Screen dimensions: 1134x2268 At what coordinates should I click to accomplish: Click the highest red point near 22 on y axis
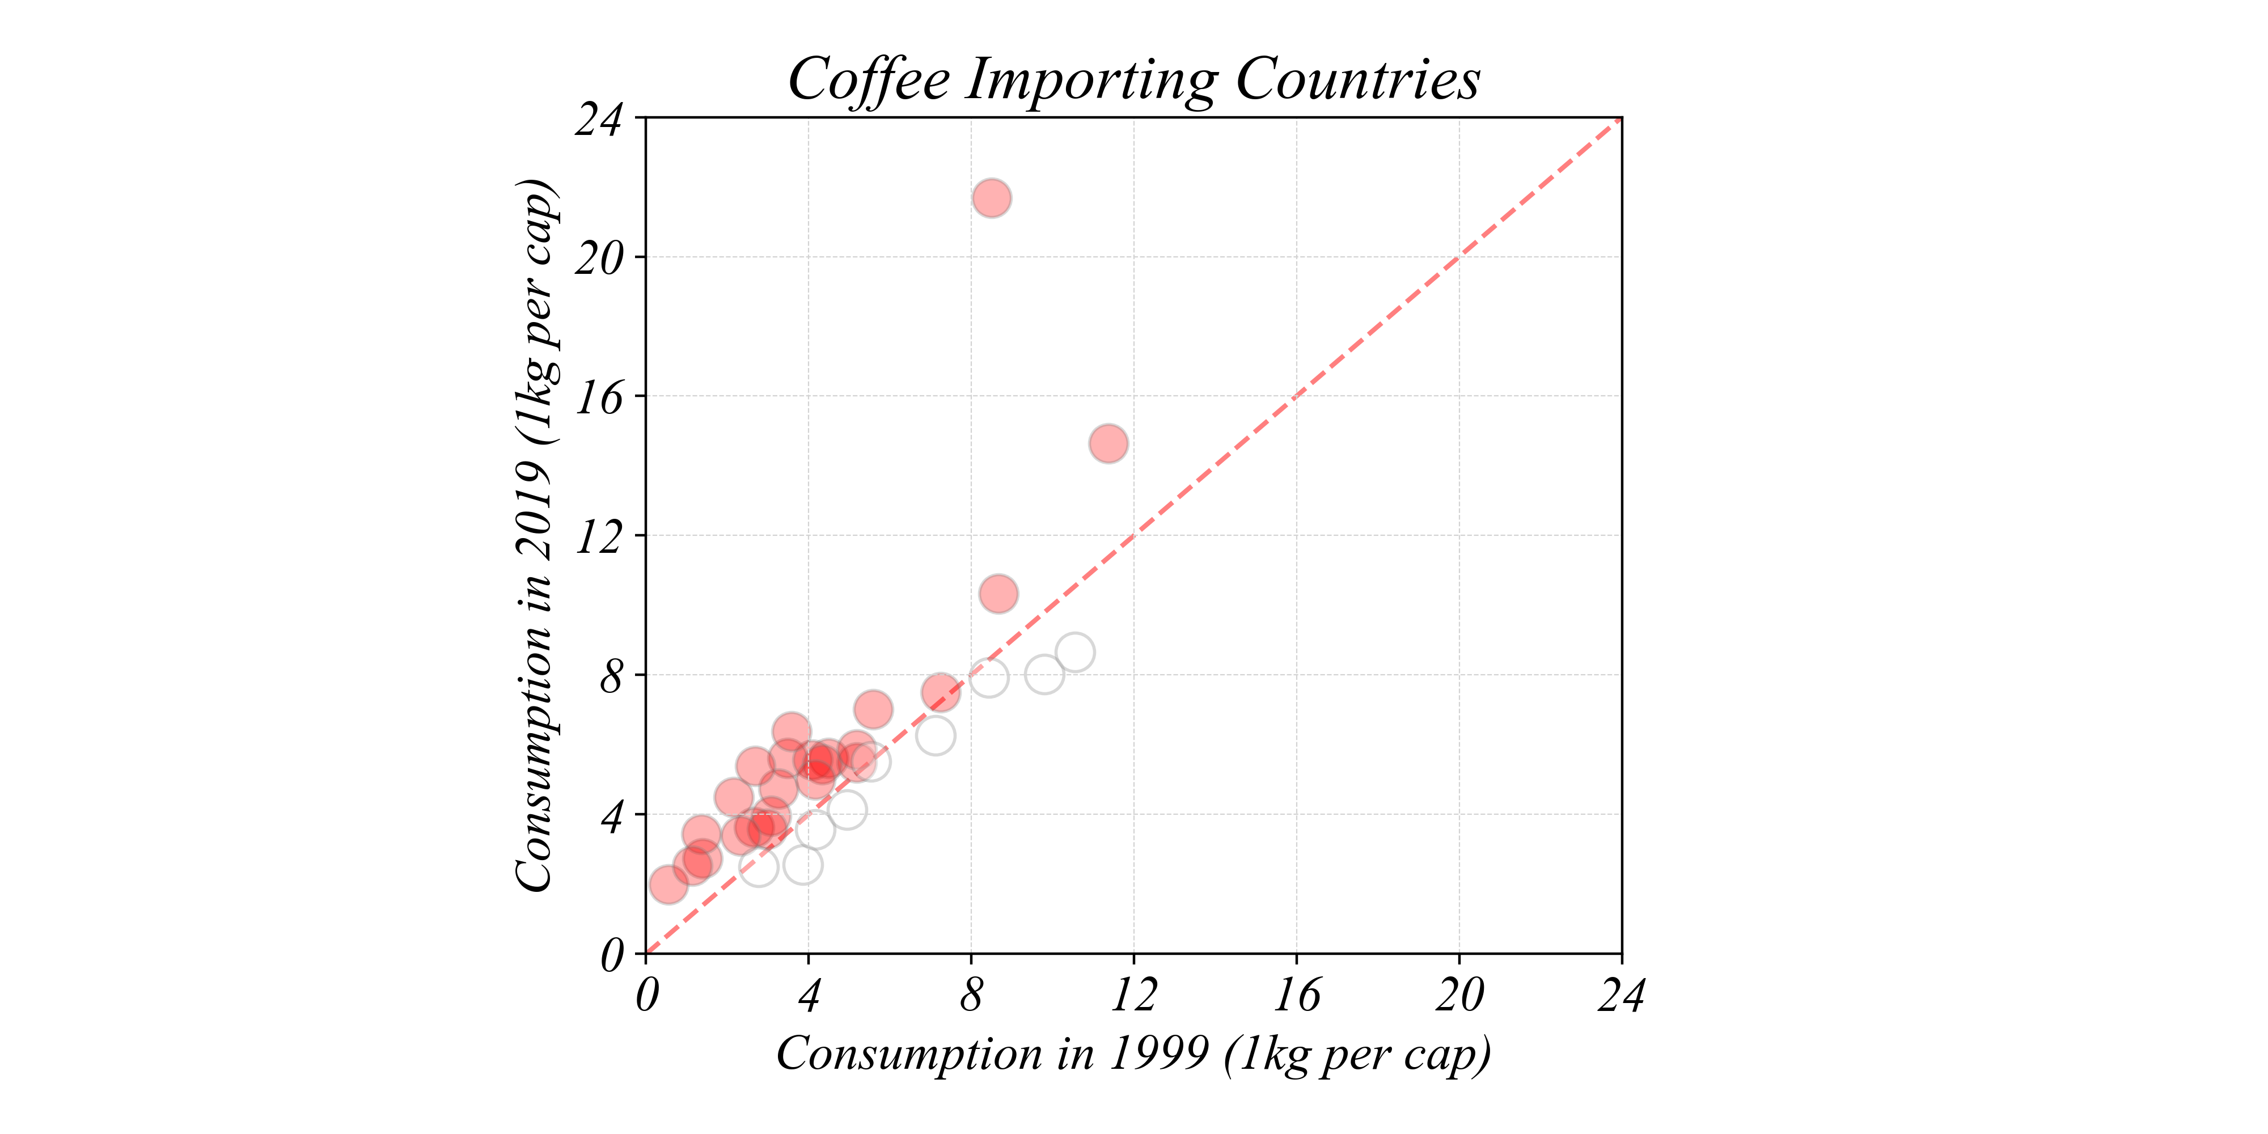coord(991,198)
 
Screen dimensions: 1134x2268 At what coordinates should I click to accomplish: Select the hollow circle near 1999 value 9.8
coord(1044,674)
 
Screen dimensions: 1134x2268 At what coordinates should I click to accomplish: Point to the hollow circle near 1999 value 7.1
coord(935,736)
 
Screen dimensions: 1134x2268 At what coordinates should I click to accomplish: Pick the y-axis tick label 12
coord(599,537)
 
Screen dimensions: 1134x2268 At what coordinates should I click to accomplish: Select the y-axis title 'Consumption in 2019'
coord(535,535)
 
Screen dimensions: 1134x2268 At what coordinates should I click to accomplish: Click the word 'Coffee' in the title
coord(868,79)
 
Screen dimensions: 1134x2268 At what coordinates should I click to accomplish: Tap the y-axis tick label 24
coord(599,120)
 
